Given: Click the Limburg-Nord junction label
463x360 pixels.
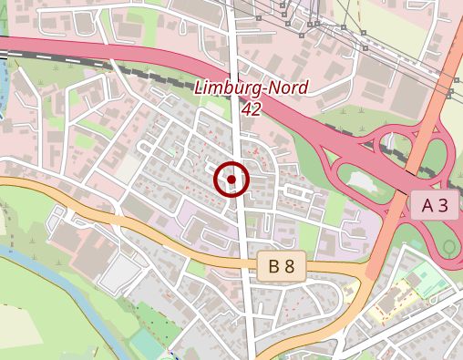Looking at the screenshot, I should [x=252, y=88].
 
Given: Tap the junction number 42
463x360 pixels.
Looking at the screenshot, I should [x=252, y=108].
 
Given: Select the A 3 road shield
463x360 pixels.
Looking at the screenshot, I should [x=434, y=205].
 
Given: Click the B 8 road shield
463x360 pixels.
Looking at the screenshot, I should [x=281, y=266].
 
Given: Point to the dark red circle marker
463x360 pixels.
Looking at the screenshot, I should [x=231, y=180].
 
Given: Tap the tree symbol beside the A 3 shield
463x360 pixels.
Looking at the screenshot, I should [x=448, y=247].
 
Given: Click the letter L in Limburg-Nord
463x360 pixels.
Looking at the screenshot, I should [x=200, y=88].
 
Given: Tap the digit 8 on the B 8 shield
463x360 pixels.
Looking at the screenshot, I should [x=289, y=266].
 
